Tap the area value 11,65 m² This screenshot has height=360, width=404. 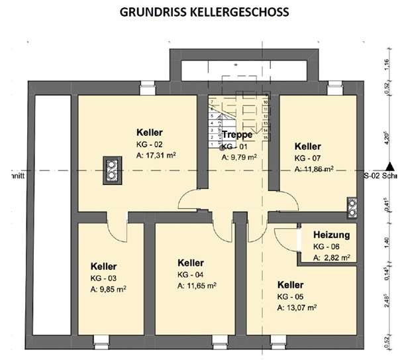(x=197, y=286)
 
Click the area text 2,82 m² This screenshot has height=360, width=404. (x=334, y=257)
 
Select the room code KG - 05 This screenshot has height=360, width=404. (x=291, y=296)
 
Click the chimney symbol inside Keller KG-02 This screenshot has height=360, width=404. (x=112, y=169)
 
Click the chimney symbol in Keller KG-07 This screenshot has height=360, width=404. (x=352, y=207)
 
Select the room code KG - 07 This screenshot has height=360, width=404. (x=308, y=158)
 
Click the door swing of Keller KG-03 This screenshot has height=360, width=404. (x=117, y=231)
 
